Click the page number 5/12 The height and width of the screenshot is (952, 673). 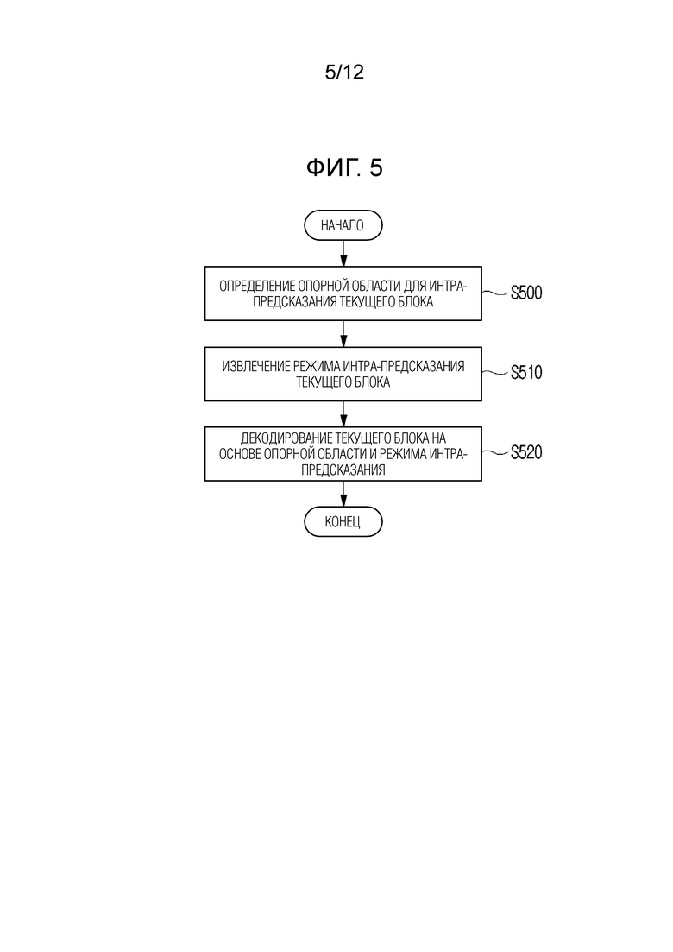(x=344, y=73)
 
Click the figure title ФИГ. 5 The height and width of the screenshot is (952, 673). (x=344, y=167)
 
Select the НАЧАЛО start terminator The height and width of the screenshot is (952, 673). (x=343, y=225)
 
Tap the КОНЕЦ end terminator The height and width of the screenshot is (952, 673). (x=343, y=521)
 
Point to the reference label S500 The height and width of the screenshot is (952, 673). (x=526, y=293)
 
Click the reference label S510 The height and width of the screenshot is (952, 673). (x=526, y=372)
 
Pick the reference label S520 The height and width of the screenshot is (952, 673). (x=526, y=452)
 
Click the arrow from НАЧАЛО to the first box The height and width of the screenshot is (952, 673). (x=343, y=253)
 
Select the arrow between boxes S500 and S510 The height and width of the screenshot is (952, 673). (x=343, y=333)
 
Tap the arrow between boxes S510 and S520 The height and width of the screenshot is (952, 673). (x=343, y=414)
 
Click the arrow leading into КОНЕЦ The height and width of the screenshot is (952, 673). (x=343, y=494)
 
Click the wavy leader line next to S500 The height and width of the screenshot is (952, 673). (x=496, y=293)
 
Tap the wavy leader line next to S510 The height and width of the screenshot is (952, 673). (x=496, y=373)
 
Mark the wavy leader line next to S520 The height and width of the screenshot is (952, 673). (x=496, y=453)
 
